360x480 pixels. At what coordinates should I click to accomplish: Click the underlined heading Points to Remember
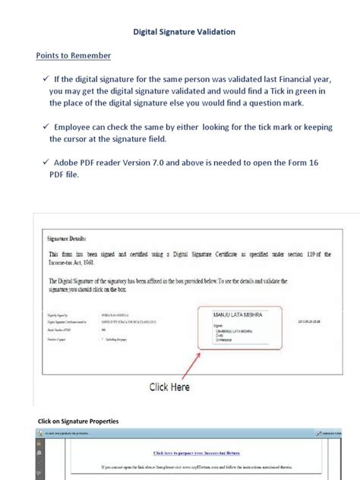point(74,55)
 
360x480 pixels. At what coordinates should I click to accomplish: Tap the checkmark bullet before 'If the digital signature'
point(45,77)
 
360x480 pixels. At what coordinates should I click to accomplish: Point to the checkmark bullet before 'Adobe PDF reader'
point(45,162)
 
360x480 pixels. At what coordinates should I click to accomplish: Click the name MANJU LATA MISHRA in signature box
point(236,313)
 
